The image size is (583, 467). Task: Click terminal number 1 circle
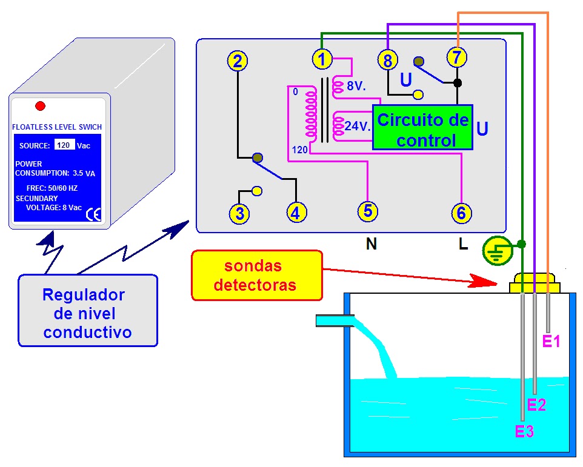click(x=322, y=59)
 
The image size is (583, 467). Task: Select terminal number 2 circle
click(x=238, y=61)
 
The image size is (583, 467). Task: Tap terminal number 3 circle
click(x=239, y=213)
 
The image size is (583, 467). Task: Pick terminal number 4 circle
click(x=296, y=213)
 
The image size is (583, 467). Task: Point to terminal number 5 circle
click(x=367, y=211)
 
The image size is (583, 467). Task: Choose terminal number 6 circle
click(x=461, y=213)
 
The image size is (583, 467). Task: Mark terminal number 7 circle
click(x=457, y=58)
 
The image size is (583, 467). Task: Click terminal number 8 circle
click(x=387, y=60)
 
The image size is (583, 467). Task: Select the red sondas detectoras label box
click(x=256, y=276)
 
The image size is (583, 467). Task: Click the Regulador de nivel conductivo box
click(x=88, y=313)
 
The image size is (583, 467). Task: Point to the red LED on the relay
click(x=41, y=106)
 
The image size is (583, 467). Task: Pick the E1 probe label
click(x=551, y=342)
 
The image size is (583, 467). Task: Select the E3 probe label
click(x=524, y=431)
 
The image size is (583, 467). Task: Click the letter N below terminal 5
click(x=371, y=244)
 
